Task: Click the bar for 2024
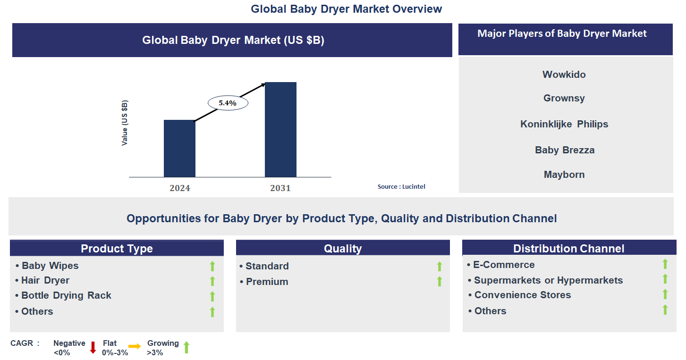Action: pyautogui.click(x=179, y=149)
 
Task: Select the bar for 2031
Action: pyautogui.click(x=280, y=130)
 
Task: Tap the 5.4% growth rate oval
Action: pyautogui.click(x=228, y=102)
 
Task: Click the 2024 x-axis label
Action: pyautogui.click(x=180, y=188)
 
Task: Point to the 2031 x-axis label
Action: pyautogui.click(x=280, y=188)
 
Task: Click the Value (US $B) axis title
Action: pyautogui.click(x=125, y=123)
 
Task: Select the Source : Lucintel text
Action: pyautogui.click(x=401, y=187)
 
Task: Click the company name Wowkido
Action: pyautogui.click(x=564, y=75)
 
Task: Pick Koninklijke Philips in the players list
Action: pyautogui.click(x=564, y=124)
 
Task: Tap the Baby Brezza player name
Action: pyautogui.click(x=565, y=150)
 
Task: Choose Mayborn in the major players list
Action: pyautogui.click(x=564, y=175)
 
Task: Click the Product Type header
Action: pyautogui.click(x=117, y=249)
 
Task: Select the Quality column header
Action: pyautogui.click(x=343, y=249)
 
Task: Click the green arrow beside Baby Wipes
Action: pyautogui.click(x=212, y=266)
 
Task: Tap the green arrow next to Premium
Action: pyautogui.click(x=440, y=282)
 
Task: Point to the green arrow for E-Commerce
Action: pyautogui.click(x=665, y=264)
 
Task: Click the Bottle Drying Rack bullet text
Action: pyautogui.click(x=66, y=296)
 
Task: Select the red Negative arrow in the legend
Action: pyautogui.click(x=93, y=348)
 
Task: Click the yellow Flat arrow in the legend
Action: pyautogui.click(x=135, y=347)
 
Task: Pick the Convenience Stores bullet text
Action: pyautogui.click(x=522, y=295)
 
